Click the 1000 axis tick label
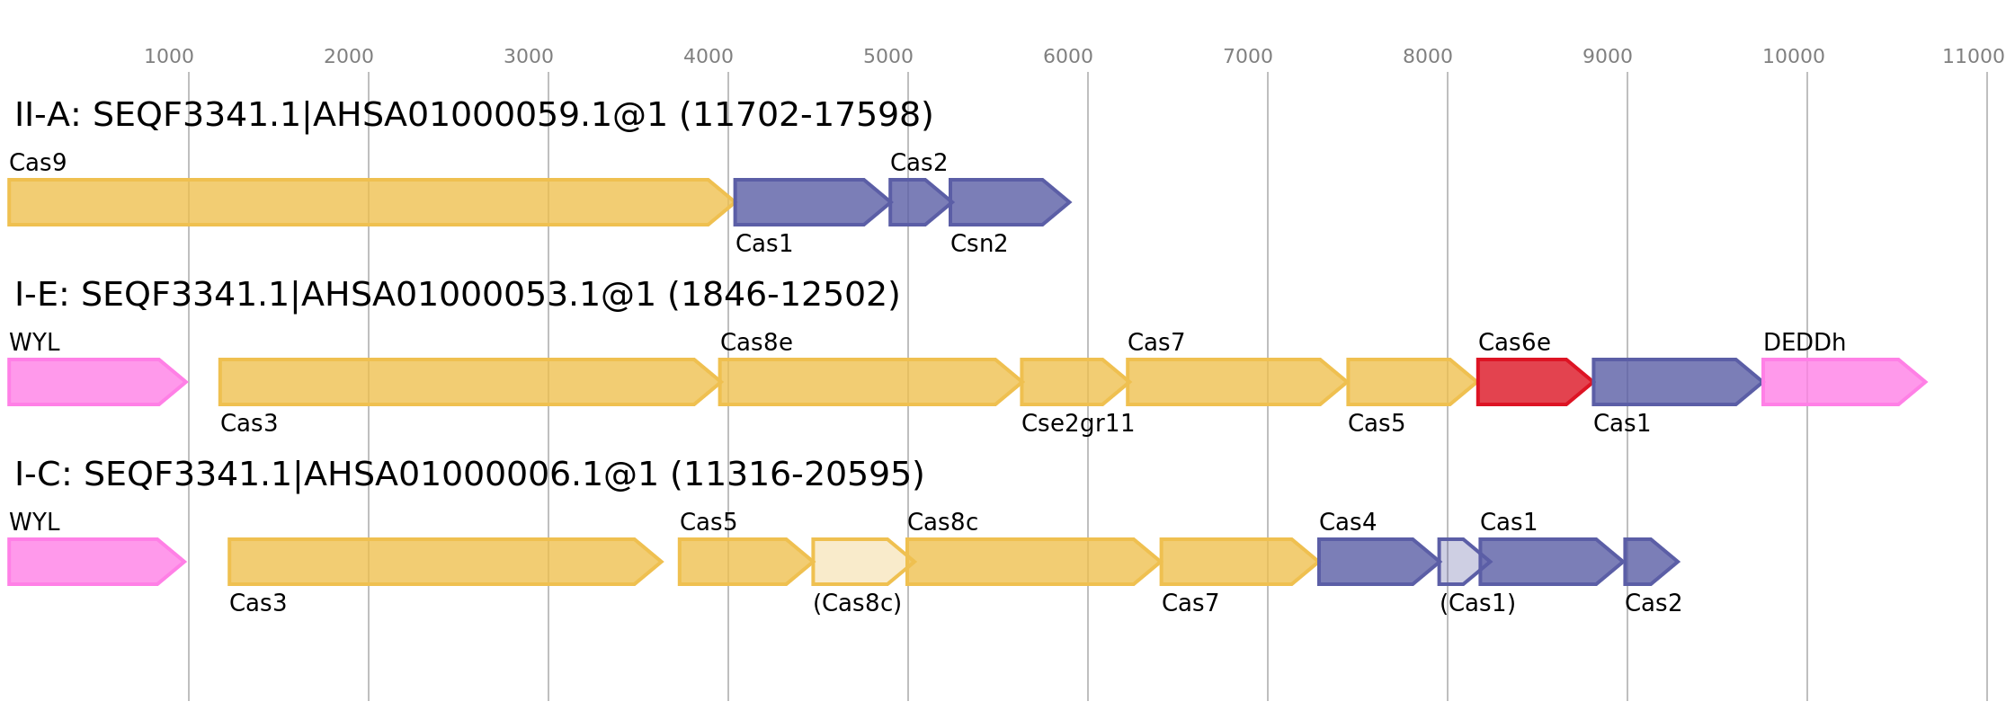tap(168, 57)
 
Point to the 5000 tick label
tap(887, 57)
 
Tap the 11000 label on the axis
tap(1973, 57)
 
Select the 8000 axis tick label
tap(1427, 57)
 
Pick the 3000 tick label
tap(528, 57)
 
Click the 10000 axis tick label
tap(1793, 57)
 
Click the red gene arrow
tap(1532, 382)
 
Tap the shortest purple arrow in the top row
tap(917, 202)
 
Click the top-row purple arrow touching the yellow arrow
tap(809, 202)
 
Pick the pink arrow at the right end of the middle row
tap(1843, 382)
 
